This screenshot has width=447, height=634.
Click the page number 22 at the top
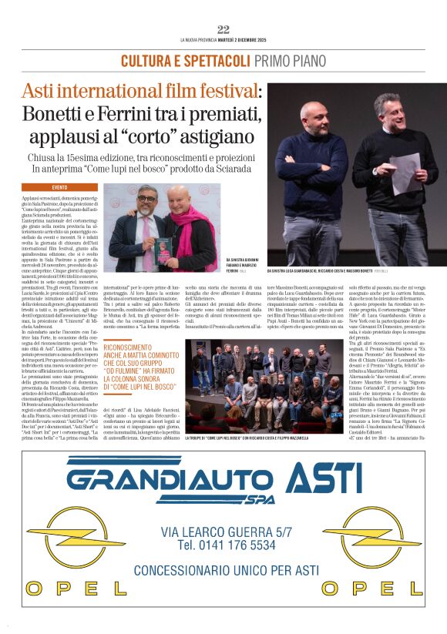coord(223,29)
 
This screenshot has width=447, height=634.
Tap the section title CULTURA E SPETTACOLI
coord(174,61)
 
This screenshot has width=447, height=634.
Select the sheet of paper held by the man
coord(405,173)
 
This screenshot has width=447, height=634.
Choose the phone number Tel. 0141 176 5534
coord(226,545)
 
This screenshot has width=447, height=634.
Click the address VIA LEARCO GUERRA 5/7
coord(227,531)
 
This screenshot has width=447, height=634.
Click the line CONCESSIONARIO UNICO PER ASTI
coord(226,570)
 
